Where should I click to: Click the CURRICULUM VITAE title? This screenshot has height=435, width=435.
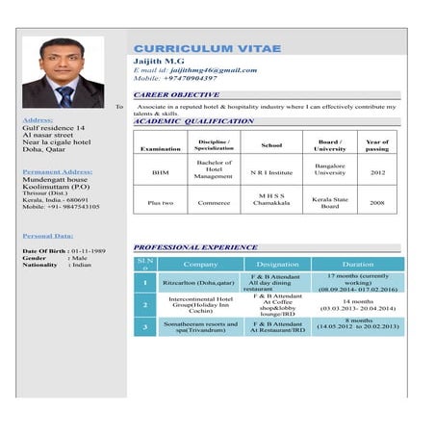coord(207,48)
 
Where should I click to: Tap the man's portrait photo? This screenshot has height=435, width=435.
coord(63,72)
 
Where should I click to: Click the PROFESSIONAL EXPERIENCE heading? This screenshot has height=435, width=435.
coord(195,247)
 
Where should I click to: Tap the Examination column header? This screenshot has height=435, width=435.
coord(160,149)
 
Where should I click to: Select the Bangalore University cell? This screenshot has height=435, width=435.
coord(330,169)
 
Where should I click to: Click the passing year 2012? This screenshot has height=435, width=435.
coord(377,172)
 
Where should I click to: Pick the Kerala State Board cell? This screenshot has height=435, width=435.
coord(330,202)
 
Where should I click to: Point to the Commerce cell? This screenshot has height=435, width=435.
coord(214,203)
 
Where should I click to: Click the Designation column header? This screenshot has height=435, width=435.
coord(277,264)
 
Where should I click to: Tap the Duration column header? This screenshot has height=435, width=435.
coord(358,264)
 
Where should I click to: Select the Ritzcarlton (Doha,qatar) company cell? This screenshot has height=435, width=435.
coord(199,283)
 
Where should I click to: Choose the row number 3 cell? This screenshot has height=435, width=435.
coord(143,327)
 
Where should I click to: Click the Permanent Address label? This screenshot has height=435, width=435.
coord(59,171)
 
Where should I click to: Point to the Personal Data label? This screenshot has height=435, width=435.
coord(47,235)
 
